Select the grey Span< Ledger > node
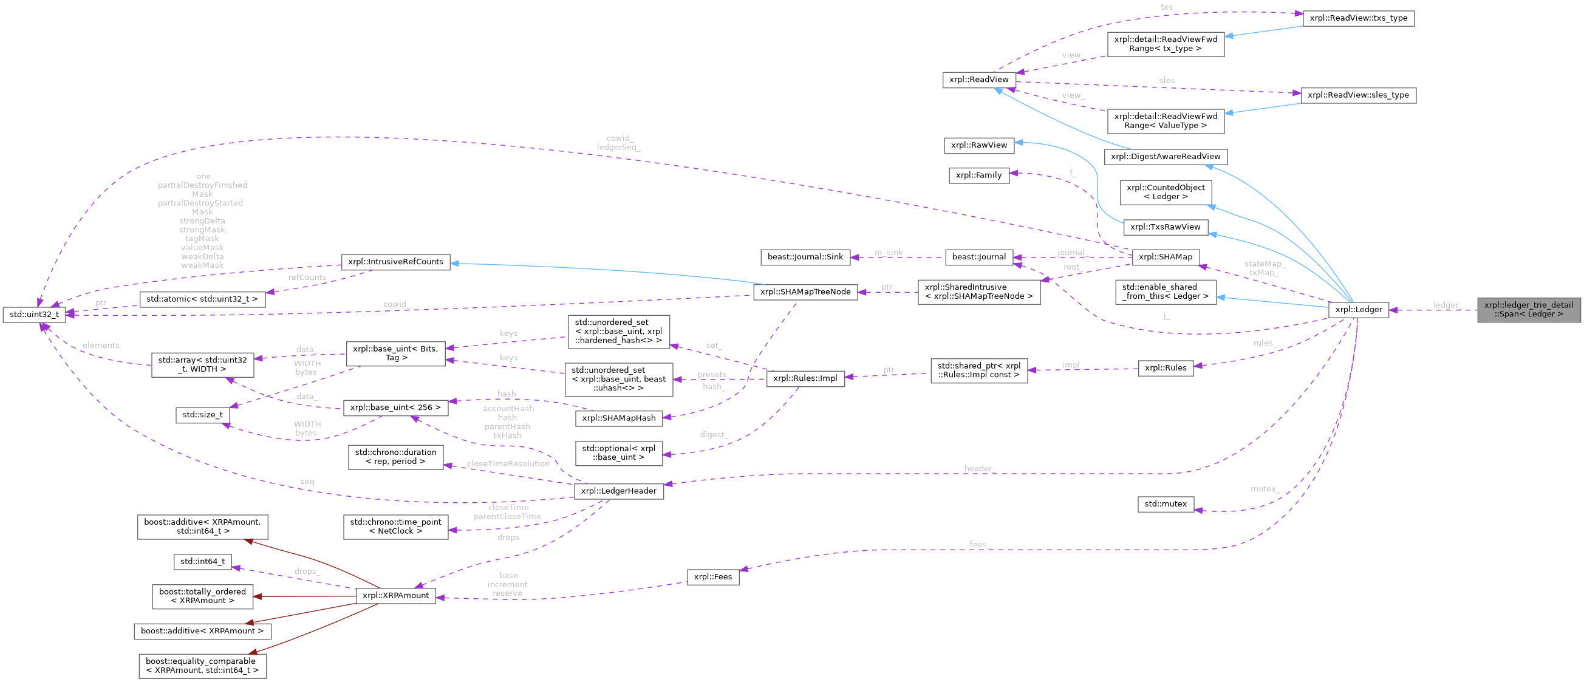click(1529, 309)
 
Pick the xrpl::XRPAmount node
click(396, 595)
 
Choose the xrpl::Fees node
click(712, 577)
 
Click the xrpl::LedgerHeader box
click(618, 491)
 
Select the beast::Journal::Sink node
click(805, 256)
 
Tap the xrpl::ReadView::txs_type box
click(1358, 18)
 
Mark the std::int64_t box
click(202, 562)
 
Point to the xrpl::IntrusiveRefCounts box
click(395, 262)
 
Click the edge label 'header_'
click(978, 469)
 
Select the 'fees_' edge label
click(978, 545)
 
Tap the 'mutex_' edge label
click(1265, 489)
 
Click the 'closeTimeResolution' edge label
click(508, 464)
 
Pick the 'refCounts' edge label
click(307, 278)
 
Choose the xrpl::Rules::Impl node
click(805, 378)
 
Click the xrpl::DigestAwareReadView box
click(1166, 157)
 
